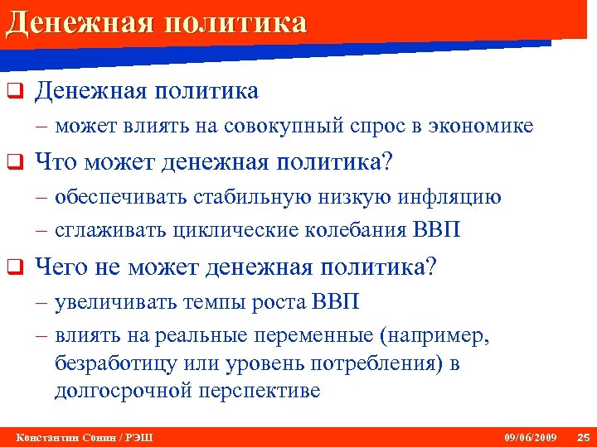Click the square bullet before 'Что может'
[x=12, y=164]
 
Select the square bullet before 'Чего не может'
[x=12, y=267]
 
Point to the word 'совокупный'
[x=284, y=127]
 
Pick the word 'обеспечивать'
[x=122, y=198]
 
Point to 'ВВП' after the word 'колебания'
[x=435, y=229]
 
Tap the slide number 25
[x=582, y=436]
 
